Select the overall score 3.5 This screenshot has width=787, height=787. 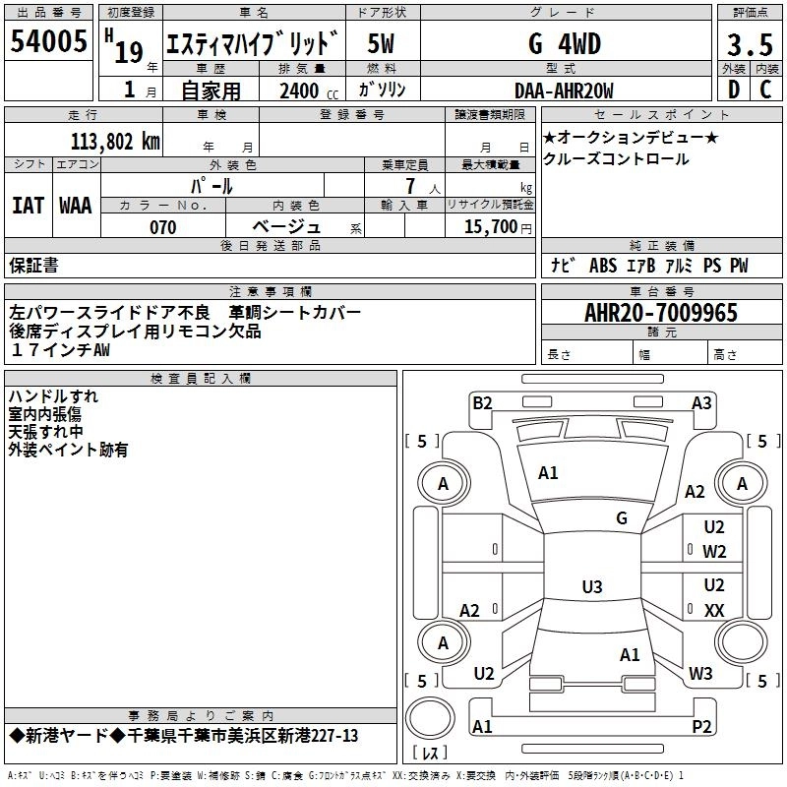click(749, 45)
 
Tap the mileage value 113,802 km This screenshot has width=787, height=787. click(115, 141)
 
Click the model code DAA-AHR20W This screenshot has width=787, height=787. click(564, 91)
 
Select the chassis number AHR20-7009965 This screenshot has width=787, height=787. click(660, 313)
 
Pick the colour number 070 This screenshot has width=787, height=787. click(163, 227)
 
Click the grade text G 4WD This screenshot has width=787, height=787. click(564, 44)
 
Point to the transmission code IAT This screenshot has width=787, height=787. click(28, 206)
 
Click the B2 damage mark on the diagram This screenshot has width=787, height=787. click(482, 402)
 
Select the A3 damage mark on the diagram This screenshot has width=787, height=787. click(701, 402)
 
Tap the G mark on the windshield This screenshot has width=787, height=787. click(621, 517)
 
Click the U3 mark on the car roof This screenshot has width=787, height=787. click(591, 587)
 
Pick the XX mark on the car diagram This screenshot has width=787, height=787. click(714, 610)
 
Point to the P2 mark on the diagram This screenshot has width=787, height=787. click(701, 726)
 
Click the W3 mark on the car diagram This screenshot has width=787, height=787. click(700, 674)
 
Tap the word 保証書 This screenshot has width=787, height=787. click(33, 266)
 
